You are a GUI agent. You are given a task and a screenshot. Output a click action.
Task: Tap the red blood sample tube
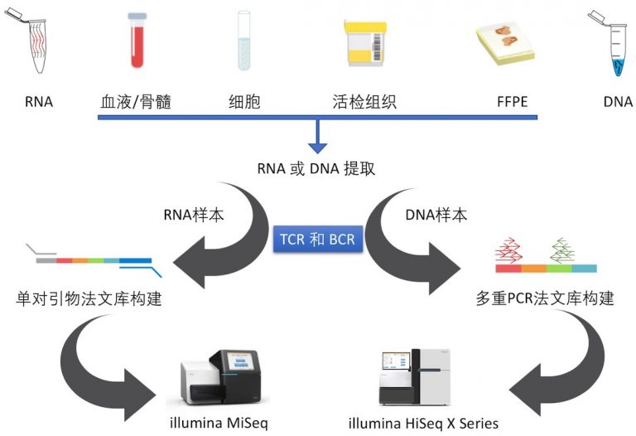(137, 40)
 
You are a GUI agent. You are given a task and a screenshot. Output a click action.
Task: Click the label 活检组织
(364, 103)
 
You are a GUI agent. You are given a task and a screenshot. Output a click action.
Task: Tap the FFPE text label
(513, 103)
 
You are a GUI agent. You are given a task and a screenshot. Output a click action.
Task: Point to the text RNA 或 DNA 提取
(318, 168)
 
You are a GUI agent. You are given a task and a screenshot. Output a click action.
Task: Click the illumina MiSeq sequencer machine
(224, 377)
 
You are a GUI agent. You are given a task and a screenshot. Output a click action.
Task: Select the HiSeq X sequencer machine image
(422, 377)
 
